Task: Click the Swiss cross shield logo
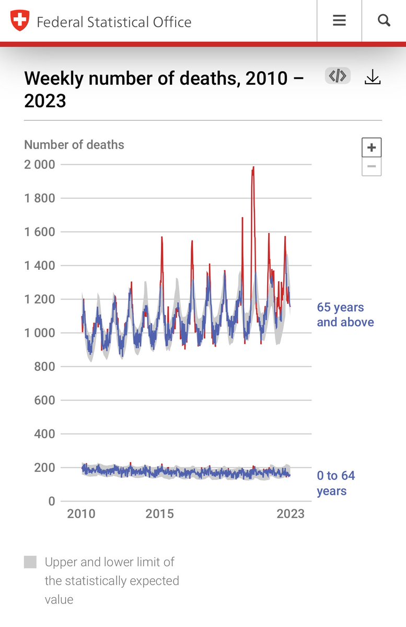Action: (x=20, y=21)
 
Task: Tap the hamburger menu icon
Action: (x=339, y=20)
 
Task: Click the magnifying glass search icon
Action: (x=384, y=20)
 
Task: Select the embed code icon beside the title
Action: (x=338, y=76)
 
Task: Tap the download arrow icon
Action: (x=373, y=77)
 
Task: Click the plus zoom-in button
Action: (x=372, y=147)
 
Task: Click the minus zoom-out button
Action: (x=372, y=167)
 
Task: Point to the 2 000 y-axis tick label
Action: (x=39, y=164)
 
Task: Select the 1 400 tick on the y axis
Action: (x=39, y=266)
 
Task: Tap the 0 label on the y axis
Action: (x=51, y=501)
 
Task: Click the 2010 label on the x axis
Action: (x=81, y=514)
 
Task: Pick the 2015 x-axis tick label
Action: (x=159, y=514)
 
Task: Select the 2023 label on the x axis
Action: (x=291, y=514)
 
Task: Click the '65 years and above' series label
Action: (x=345, y=315)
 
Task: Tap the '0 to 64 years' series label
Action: (x=336, y=483)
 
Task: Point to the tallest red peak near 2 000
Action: (x=253, y=168)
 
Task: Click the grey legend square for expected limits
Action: (x=30, y=562)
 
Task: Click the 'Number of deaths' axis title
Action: (x=74, y=145)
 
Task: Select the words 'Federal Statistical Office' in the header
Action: (x=114, y=22)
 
